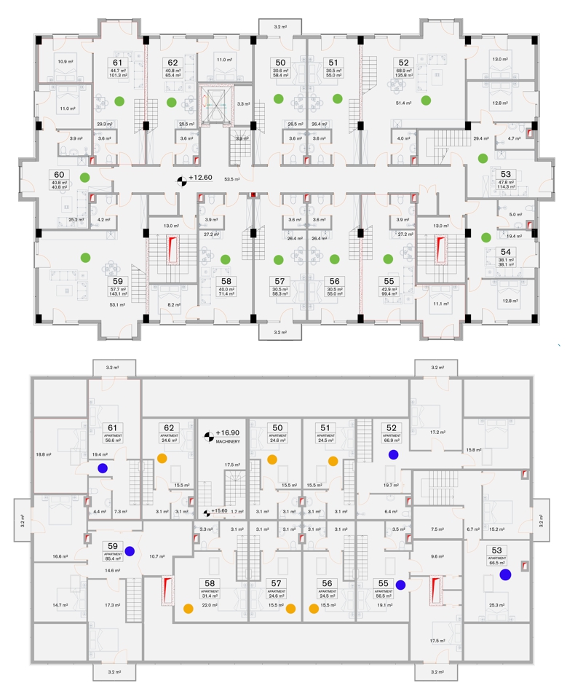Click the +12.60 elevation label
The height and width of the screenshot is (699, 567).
(200, 178)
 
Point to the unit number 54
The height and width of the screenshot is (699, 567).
(506, 251)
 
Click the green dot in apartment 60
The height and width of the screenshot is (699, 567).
(85, 177)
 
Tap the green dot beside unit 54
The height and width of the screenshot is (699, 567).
(485, 237)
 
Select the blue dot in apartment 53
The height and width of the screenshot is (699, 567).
(505, 574)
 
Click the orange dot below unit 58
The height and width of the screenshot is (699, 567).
(188, 608)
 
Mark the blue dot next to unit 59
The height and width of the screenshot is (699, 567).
(130, 550)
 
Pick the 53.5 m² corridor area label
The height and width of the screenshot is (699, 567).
(232, 178)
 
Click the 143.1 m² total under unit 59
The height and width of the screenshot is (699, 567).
(116, 295)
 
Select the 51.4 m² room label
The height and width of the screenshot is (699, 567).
(404, 104)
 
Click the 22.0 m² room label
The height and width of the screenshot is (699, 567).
(210, 604)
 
